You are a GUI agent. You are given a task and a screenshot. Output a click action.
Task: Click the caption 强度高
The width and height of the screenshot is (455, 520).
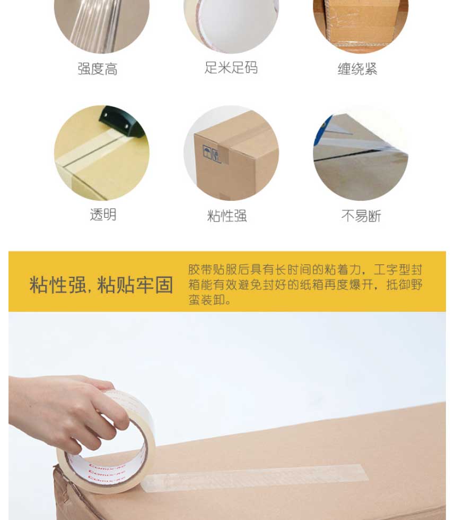tap(98, 69)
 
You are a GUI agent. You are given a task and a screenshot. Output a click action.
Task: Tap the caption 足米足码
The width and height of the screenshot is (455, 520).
tap(231, 67)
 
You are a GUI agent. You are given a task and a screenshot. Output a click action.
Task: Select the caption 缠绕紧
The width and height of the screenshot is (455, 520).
tap(357, 69)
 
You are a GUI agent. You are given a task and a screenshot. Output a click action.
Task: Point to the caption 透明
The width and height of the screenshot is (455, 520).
tap(103, 215)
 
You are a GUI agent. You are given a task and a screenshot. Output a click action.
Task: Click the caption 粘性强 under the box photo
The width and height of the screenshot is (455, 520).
tap(227, 216)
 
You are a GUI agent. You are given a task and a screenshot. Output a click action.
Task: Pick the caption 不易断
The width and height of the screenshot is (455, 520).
tap(361, 216)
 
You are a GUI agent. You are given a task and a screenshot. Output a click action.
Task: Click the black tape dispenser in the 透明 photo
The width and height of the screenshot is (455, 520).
tap(122, 122)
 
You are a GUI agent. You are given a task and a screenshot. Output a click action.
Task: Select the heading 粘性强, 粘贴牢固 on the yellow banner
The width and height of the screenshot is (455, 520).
tap(101, 285)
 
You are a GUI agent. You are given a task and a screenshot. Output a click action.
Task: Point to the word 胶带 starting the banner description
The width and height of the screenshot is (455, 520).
tap(200, 270)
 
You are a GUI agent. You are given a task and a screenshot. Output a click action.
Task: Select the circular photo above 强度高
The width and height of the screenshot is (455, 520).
tap(102, 24)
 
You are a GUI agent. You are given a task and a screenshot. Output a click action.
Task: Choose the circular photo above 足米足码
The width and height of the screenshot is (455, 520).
tap(231, 24)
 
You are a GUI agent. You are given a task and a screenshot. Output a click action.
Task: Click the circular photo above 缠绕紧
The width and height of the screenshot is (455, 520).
tap(361, 24)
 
